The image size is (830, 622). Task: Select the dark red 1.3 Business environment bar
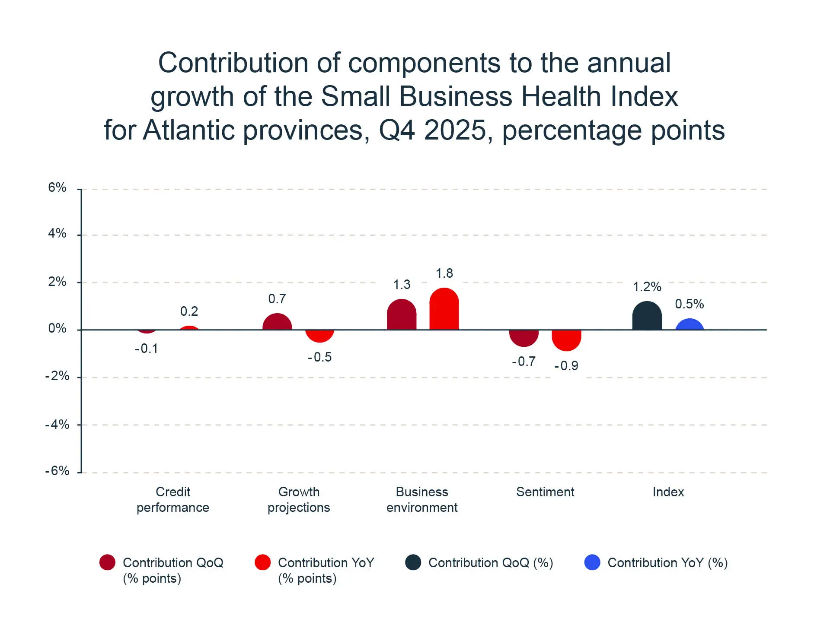(x=402, y=315)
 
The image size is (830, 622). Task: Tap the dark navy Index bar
(x=647, y=316)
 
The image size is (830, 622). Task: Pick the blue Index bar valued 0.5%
(x=690, y=325)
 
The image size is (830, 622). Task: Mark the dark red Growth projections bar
(x=277, y=322)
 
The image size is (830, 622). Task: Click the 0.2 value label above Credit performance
(x=189, y=311)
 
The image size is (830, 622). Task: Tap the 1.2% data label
(x=647, y=287)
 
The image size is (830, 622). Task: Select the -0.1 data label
(x=146, y=349)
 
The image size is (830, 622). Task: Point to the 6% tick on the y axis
(x=57, y=187)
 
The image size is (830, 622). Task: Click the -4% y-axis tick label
(x=57, y=425)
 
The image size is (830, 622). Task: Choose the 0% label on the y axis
(x=57, y=328)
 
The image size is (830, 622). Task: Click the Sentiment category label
(x=545, y=492)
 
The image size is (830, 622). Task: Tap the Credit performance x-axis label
(x=173, y=500)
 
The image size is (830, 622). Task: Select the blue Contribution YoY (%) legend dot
(x=592, y=562)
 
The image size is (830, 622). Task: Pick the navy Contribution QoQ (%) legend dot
(x=413, y=562)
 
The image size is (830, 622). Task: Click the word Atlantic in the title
(x=191, y=130)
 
